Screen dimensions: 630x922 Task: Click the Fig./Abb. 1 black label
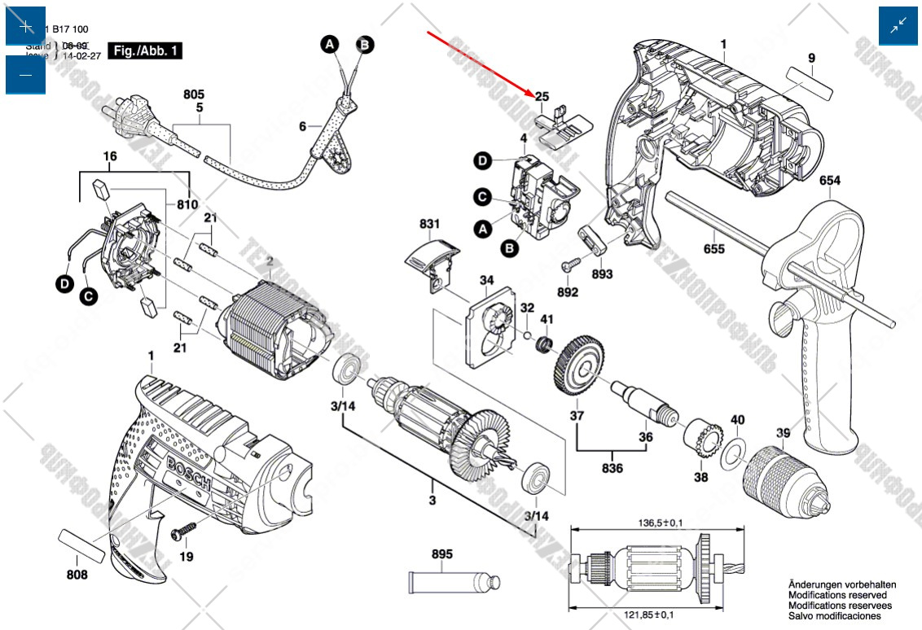146,50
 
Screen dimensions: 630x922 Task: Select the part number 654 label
830,180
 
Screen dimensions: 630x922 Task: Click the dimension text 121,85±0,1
644,615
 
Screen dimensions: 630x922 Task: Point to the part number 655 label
714,249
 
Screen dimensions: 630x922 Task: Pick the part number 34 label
486,282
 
